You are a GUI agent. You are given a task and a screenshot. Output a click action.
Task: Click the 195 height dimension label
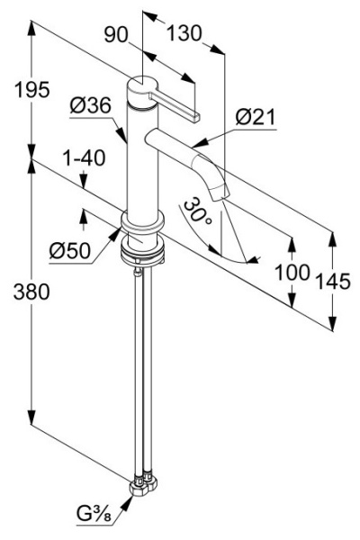click(32, 90)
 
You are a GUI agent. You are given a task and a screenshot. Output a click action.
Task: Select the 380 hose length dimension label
click(31, 292)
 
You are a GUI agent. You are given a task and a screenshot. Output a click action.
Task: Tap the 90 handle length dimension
click(116, 35)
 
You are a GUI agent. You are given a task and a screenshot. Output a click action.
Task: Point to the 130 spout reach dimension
click(184, 33)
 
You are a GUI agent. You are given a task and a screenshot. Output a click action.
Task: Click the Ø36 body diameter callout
click(90, 105)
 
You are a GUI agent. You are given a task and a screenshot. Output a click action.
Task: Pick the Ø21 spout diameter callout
click(256, 117)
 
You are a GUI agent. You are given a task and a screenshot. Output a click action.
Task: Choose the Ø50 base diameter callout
click(70, 250)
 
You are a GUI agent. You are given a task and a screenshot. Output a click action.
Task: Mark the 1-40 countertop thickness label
click(84, 158)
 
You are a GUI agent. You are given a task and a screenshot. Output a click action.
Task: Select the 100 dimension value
click(292, 273)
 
